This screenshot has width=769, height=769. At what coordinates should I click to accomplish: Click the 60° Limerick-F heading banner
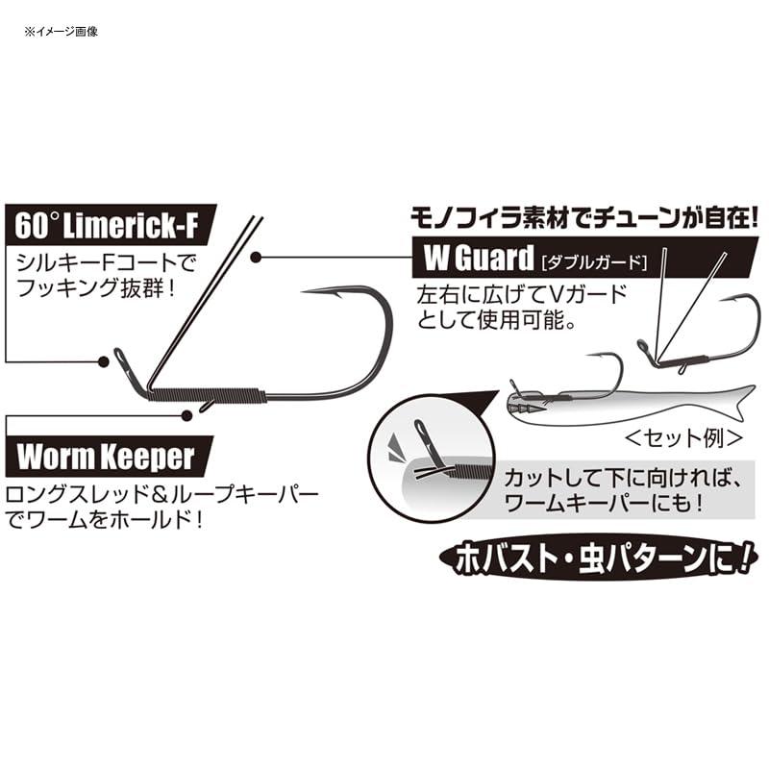pyautogui.click(x=111, y=225)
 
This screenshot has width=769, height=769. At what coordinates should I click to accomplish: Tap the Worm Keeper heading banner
pyautogui.click(x=109, y=457)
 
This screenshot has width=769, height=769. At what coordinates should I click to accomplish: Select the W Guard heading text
pyautogui.click(x=478, y=258)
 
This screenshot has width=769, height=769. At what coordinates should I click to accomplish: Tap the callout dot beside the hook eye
pyautogui.click(x=103, y=361)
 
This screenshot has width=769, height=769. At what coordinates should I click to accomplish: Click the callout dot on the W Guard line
pyautogui.click(x=255, y=257)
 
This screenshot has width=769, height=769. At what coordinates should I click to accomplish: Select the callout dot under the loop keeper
pyautogui.click(x=186, y=415)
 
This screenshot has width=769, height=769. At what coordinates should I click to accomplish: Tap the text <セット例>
pyautogui.click(x=684, y=438)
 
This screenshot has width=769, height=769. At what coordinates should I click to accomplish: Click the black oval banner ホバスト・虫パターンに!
pyautogui.click(x=599, y=559)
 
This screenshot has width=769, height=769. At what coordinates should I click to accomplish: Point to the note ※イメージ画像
pyautogui.click(x=62, y=32)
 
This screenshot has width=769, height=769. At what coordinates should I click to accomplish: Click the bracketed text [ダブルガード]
pyautogui.click(x=594, y=261)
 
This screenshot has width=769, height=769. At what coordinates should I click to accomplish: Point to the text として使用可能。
pyautogui.click(x=496, y=320)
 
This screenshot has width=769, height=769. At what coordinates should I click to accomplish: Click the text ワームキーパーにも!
pyautogui.click(x=604, y=503)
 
